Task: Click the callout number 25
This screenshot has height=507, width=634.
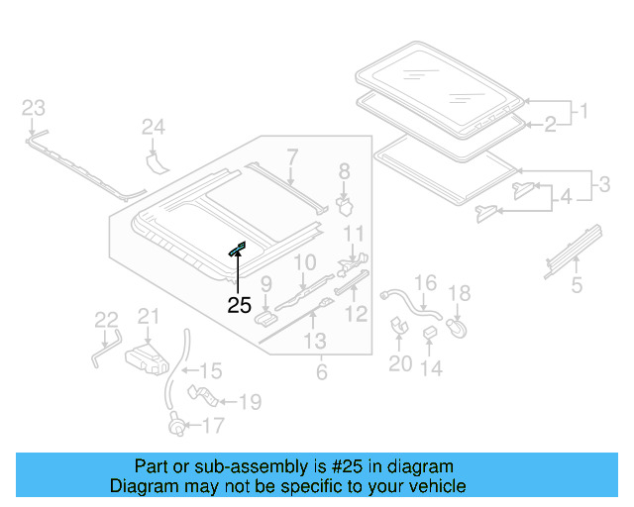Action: pyautogui.click(x=240, y=305)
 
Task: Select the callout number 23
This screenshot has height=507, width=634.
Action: pyautogui.click(x=34, y=107)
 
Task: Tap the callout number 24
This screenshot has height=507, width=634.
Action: pyautogui.click(x=153, y=126)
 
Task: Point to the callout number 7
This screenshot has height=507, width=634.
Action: pyautogui.click(x=292, y=155)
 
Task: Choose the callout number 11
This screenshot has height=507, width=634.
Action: pyautogui.click(x=356, y=235)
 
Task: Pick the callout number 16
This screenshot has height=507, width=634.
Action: pyautogui.click(x=424, y=284)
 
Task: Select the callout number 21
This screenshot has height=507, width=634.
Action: pyautogui.click(x=148, y=316)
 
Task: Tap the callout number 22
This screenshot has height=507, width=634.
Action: pyautogui.click(x=106, y=319)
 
